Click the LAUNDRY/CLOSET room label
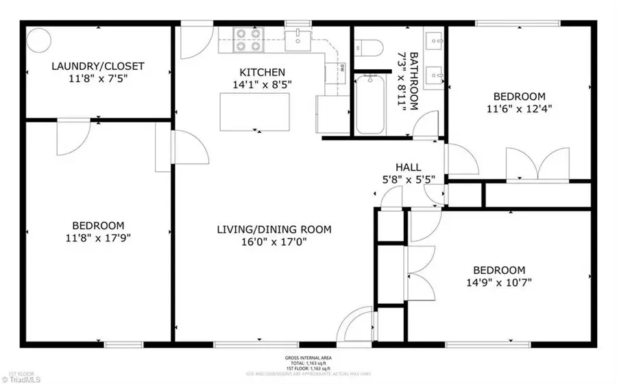tap(98, 66)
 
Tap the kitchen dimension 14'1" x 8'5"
tap(262, 84)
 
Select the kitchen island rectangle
tap(254, 111)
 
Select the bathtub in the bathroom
tap(371, 105)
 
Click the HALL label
tap(408, 167)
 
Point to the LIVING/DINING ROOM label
tap(274, 229)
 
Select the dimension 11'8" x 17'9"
tap(98, 238)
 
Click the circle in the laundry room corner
tap(38, 38)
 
